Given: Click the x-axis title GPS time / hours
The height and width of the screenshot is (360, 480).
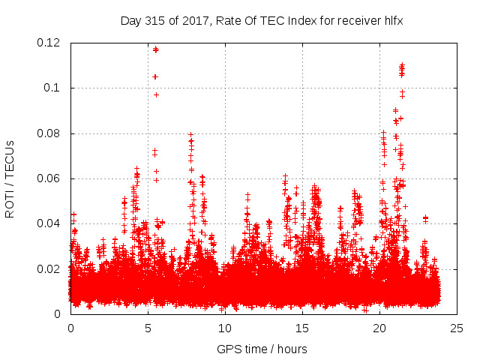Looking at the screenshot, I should point(262,349).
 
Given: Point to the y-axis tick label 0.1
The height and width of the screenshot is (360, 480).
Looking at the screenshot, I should point(54,88).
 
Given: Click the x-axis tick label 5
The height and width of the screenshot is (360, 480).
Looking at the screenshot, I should point(148,328).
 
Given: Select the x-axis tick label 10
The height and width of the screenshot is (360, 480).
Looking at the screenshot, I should point(225,328).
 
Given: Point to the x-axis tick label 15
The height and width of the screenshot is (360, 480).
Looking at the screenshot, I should point(302,328).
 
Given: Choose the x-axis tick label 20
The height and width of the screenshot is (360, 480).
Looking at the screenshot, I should point(379,328).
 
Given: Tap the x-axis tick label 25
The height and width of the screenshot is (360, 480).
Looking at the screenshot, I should point(457,328).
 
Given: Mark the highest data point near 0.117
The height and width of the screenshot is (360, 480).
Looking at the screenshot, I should point(155,49).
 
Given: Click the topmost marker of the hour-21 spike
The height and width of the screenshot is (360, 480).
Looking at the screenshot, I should point(402,65).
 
